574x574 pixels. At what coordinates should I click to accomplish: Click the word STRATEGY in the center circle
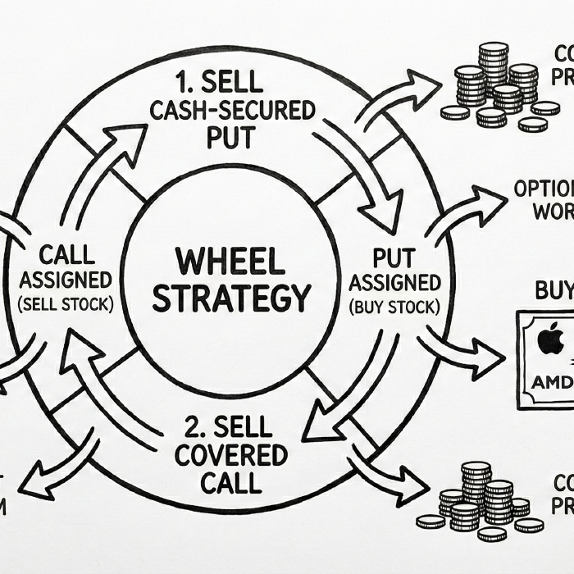click(232, 298)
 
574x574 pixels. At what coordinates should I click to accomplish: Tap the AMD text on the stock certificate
click(547, 383)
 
